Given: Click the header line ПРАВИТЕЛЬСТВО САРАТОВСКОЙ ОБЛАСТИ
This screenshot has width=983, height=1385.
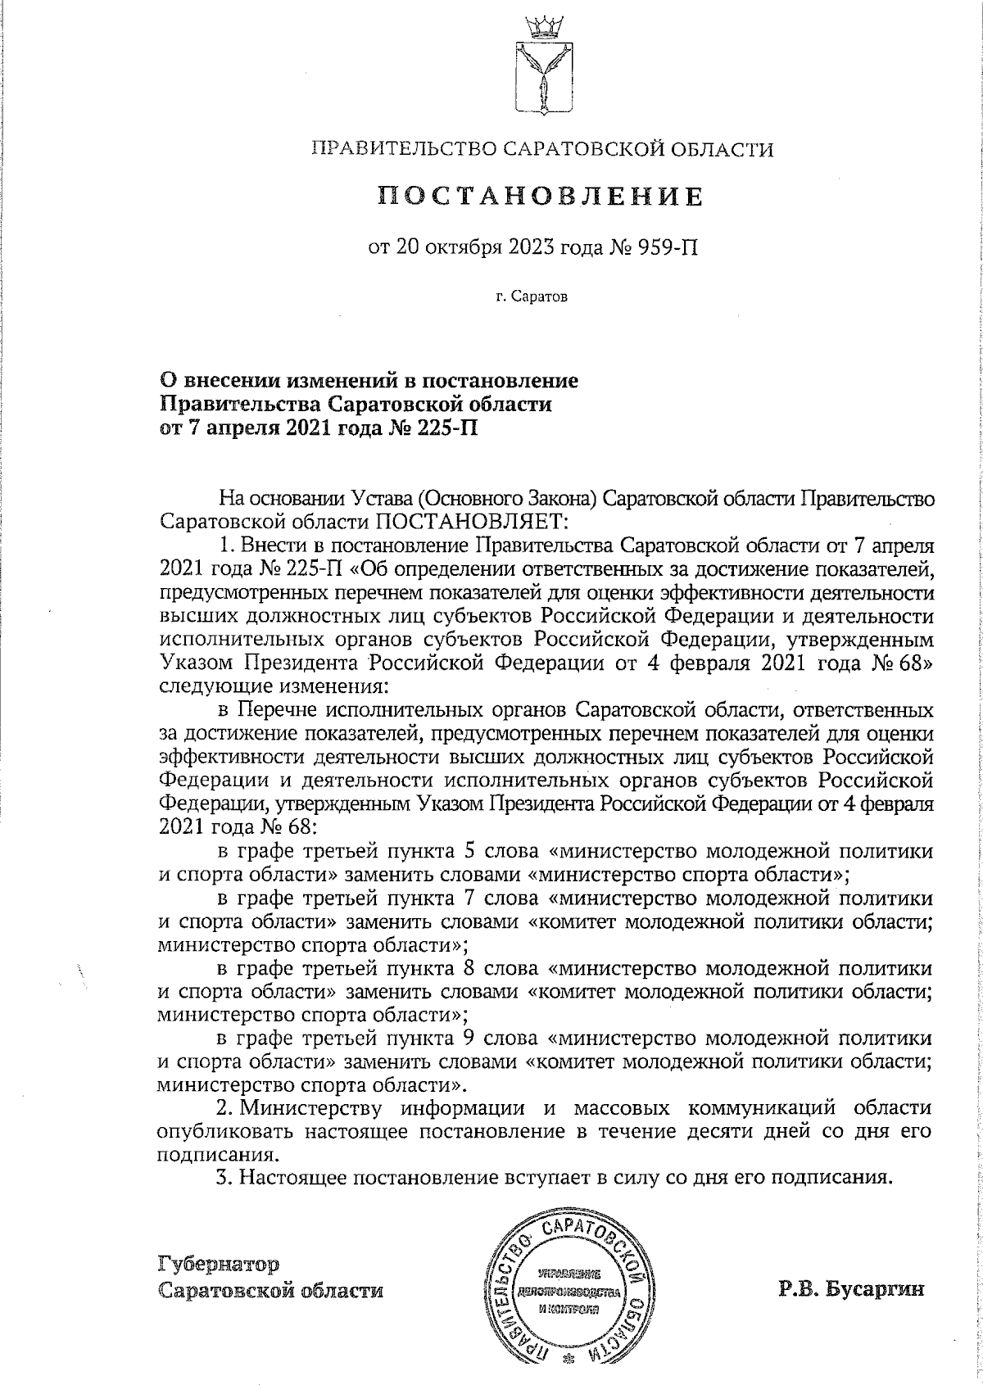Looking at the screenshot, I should point(541,149).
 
